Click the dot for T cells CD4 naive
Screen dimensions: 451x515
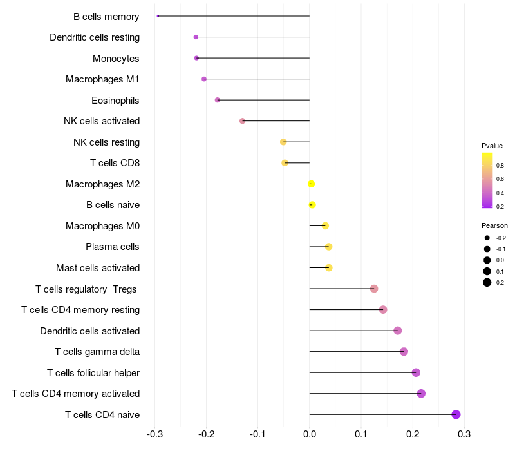[456, 414]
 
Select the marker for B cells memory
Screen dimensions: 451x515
[158, 16]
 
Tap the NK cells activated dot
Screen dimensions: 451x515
[243, 121]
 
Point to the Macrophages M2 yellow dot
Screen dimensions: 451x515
[311, 184]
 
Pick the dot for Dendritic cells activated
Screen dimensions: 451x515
[398, 331]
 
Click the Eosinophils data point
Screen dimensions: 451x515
[218, 100]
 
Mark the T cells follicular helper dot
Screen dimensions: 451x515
[416, 372]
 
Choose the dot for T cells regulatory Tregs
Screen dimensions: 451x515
[374, 289]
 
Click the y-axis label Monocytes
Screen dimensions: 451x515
[116, 59]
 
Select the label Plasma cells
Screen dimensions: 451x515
[113, 247]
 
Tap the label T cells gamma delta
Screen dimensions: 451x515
[97, 352]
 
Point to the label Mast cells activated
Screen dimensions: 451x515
[98, 268]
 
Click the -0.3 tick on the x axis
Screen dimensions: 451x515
[154, 434]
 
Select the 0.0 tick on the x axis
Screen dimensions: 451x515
[310, 434]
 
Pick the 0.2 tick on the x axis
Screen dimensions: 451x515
[413, 434]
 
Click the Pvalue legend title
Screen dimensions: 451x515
[492, 146]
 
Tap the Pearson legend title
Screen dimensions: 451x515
[494, 226]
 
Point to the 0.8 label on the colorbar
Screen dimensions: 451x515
[500, 166]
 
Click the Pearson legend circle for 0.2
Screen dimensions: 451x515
[487, 282]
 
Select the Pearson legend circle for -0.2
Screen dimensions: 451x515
[487, 238]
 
